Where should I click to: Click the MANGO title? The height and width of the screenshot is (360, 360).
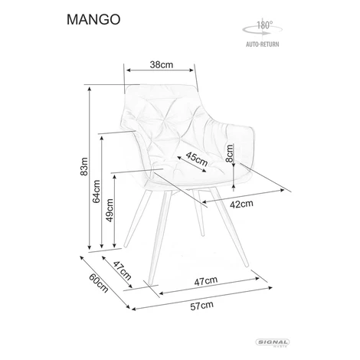[93, 19]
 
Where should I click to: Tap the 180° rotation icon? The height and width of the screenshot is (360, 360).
[262, 28]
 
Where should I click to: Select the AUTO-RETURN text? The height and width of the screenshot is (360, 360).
[263, 44]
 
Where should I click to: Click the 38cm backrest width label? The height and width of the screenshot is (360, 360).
[162, 64]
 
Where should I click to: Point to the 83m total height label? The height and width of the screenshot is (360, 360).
[84, 166]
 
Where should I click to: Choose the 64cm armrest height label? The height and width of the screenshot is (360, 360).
[97, 191]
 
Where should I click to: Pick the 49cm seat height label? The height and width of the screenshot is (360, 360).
[110, 211]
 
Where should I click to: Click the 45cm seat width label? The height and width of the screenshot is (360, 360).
[197, 159]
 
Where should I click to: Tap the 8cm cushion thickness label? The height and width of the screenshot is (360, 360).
[230, 153]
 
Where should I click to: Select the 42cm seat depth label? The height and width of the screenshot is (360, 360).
[241, 204]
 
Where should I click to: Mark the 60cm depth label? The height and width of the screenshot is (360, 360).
[99, 283]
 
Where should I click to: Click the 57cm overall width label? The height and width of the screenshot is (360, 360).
[201, 306]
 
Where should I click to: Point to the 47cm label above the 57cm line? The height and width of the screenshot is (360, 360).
[206, 281]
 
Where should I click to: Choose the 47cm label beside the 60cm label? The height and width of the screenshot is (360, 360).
[122, 270]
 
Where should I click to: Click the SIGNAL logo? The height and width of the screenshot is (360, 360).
[273, 342]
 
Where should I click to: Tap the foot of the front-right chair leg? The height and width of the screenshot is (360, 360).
[246, 266]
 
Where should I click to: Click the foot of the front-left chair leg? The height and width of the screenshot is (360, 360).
[151, 283]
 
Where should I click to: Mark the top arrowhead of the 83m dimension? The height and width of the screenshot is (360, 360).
[90, 89]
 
